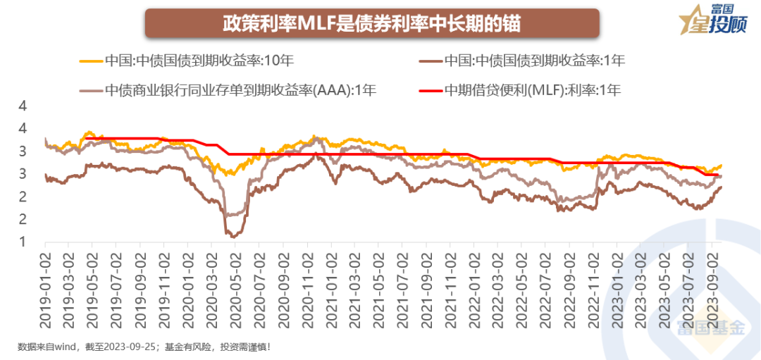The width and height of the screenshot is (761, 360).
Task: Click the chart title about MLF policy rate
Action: [372, 23]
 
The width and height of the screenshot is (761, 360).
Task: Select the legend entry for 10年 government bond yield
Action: [199, 61]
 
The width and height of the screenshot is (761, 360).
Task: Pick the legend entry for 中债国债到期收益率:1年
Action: [535, 61]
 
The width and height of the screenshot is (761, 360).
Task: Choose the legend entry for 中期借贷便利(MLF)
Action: [535, 90]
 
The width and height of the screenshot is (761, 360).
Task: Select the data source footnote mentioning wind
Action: [144, 347]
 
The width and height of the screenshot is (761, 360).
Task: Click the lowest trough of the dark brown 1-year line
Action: [233, 237]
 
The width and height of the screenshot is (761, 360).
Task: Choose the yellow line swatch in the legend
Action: [89, 61]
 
